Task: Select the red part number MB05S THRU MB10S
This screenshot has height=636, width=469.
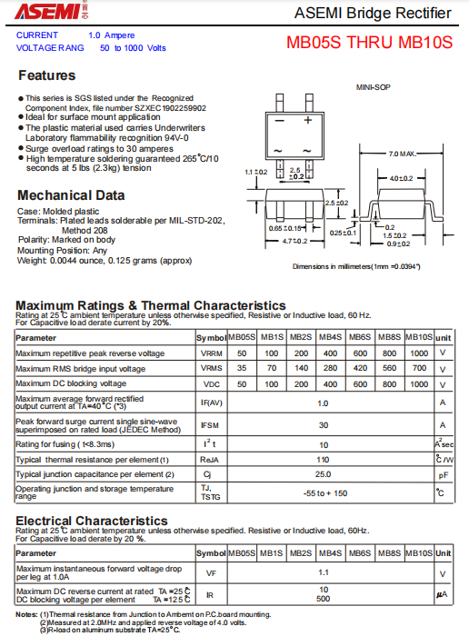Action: coord(369,42)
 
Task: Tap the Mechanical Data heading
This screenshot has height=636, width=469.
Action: coord(72,194)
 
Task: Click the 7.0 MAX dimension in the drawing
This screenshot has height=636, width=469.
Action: coord(401,154)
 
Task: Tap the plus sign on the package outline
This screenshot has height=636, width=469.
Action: coord(308,120)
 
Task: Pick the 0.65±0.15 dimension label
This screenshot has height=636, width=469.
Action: coord(285,228)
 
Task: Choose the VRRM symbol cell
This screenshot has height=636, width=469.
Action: coord(211,353)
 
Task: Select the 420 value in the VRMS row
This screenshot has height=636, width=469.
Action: coord(360,369)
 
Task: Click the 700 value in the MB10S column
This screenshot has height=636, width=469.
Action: coord(419,369)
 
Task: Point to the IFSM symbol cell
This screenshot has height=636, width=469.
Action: coord(211,425)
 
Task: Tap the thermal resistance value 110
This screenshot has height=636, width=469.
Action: coord(323,460)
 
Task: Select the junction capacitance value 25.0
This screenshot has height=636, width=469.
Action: coord(323,474)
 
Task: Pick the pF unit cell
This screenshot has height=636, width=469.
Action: coord(443,474)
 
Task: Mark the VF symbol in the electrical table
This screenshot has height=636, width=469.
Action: coord(211,573)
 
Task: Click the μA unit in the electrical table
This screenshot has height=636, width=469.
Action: coord(443,594)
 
